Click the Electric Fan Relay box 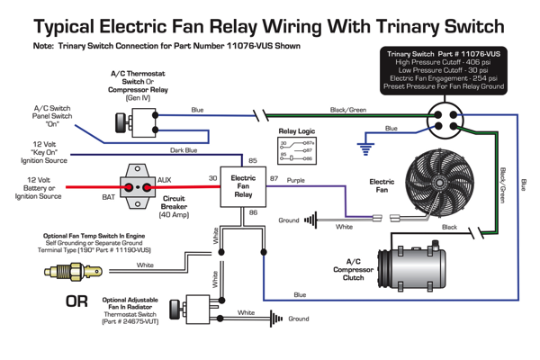tap(244, 186)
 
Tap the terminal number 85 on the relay tap(253, 161)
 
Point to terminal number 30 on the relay tap(214, 179)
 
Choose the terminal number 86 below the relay tap(253, 212)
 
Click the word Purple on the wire tap(296, 180)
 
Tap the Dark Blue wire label tap(184, 150)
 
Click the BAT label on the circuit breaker tap(107, 195)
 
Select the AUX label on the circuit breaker tap(164, 180)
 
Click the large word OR tap(78, 301)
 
